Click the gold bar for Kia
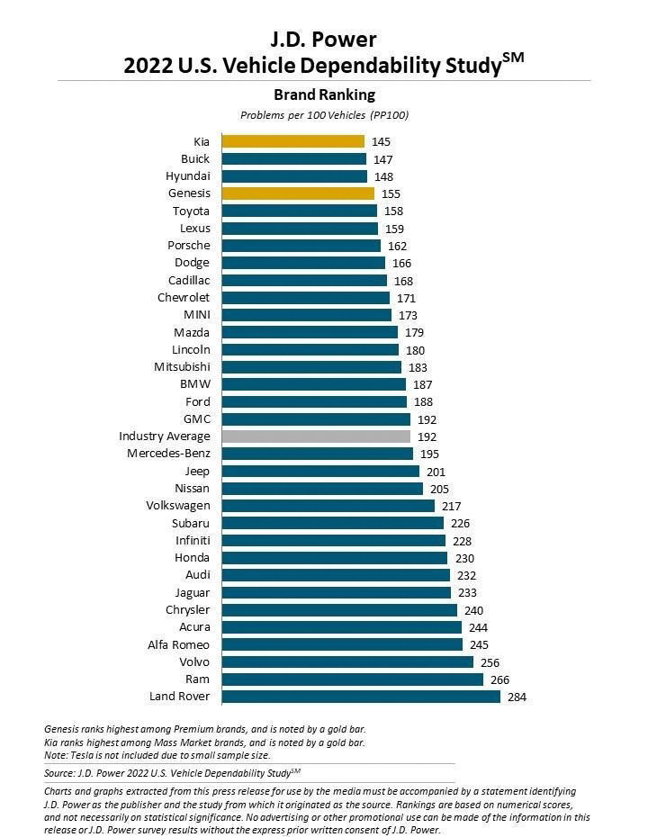pos(292,141)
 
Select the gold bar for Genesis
pos(298,193)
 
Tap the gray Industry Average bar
pos(316,436)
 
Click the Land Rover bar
pos(361,697)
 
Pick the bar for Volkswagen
pos(328,506)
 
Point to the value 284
pos(517,697)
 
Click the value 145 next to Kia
pos(381,141)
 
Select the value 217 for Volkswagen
pos(451,506)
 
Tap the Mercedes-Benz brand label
pos(168,454)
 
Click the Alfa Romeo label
pos(179,644)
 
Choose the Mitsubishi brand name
pos(183,367)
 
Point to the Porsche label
pos(189,246)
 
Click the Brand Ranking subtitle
pos(324,94)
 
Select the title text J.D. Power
pos(324,40)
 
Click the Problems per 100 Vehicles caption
pos(324,115)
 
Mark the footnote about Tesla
pos(157,755)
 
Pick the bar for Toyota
pos(300,211)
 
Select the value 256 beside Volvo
pos(490,661)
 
